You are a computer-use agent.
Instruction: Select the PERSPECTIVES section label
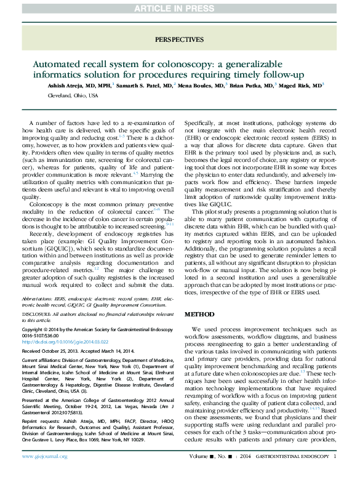tap(179, 39)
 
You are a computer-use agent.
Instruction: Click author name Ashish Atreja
tap(66, 86)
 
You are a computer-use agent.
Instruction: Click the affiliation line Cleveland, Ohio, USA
tap(73, 96)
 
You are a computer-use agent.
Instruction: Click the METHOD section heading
tap(199, 315)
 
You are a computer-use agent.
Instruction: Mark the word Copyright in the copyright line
tap(33, 330)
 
